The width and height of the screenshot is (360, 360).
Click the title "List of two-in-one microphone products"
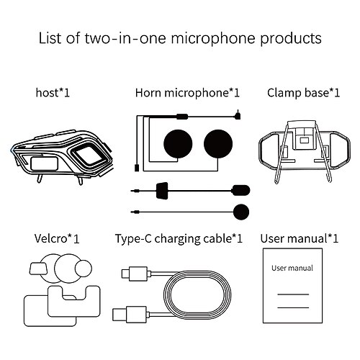tap(179, 37)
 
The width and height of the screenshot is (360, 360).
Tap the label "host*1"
tap(52, 93)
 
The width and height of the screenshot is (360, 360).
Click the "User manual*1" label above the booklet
tap(300, 237)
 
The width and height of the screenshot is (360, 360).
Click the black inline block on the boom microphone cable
tap(164, 192)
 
